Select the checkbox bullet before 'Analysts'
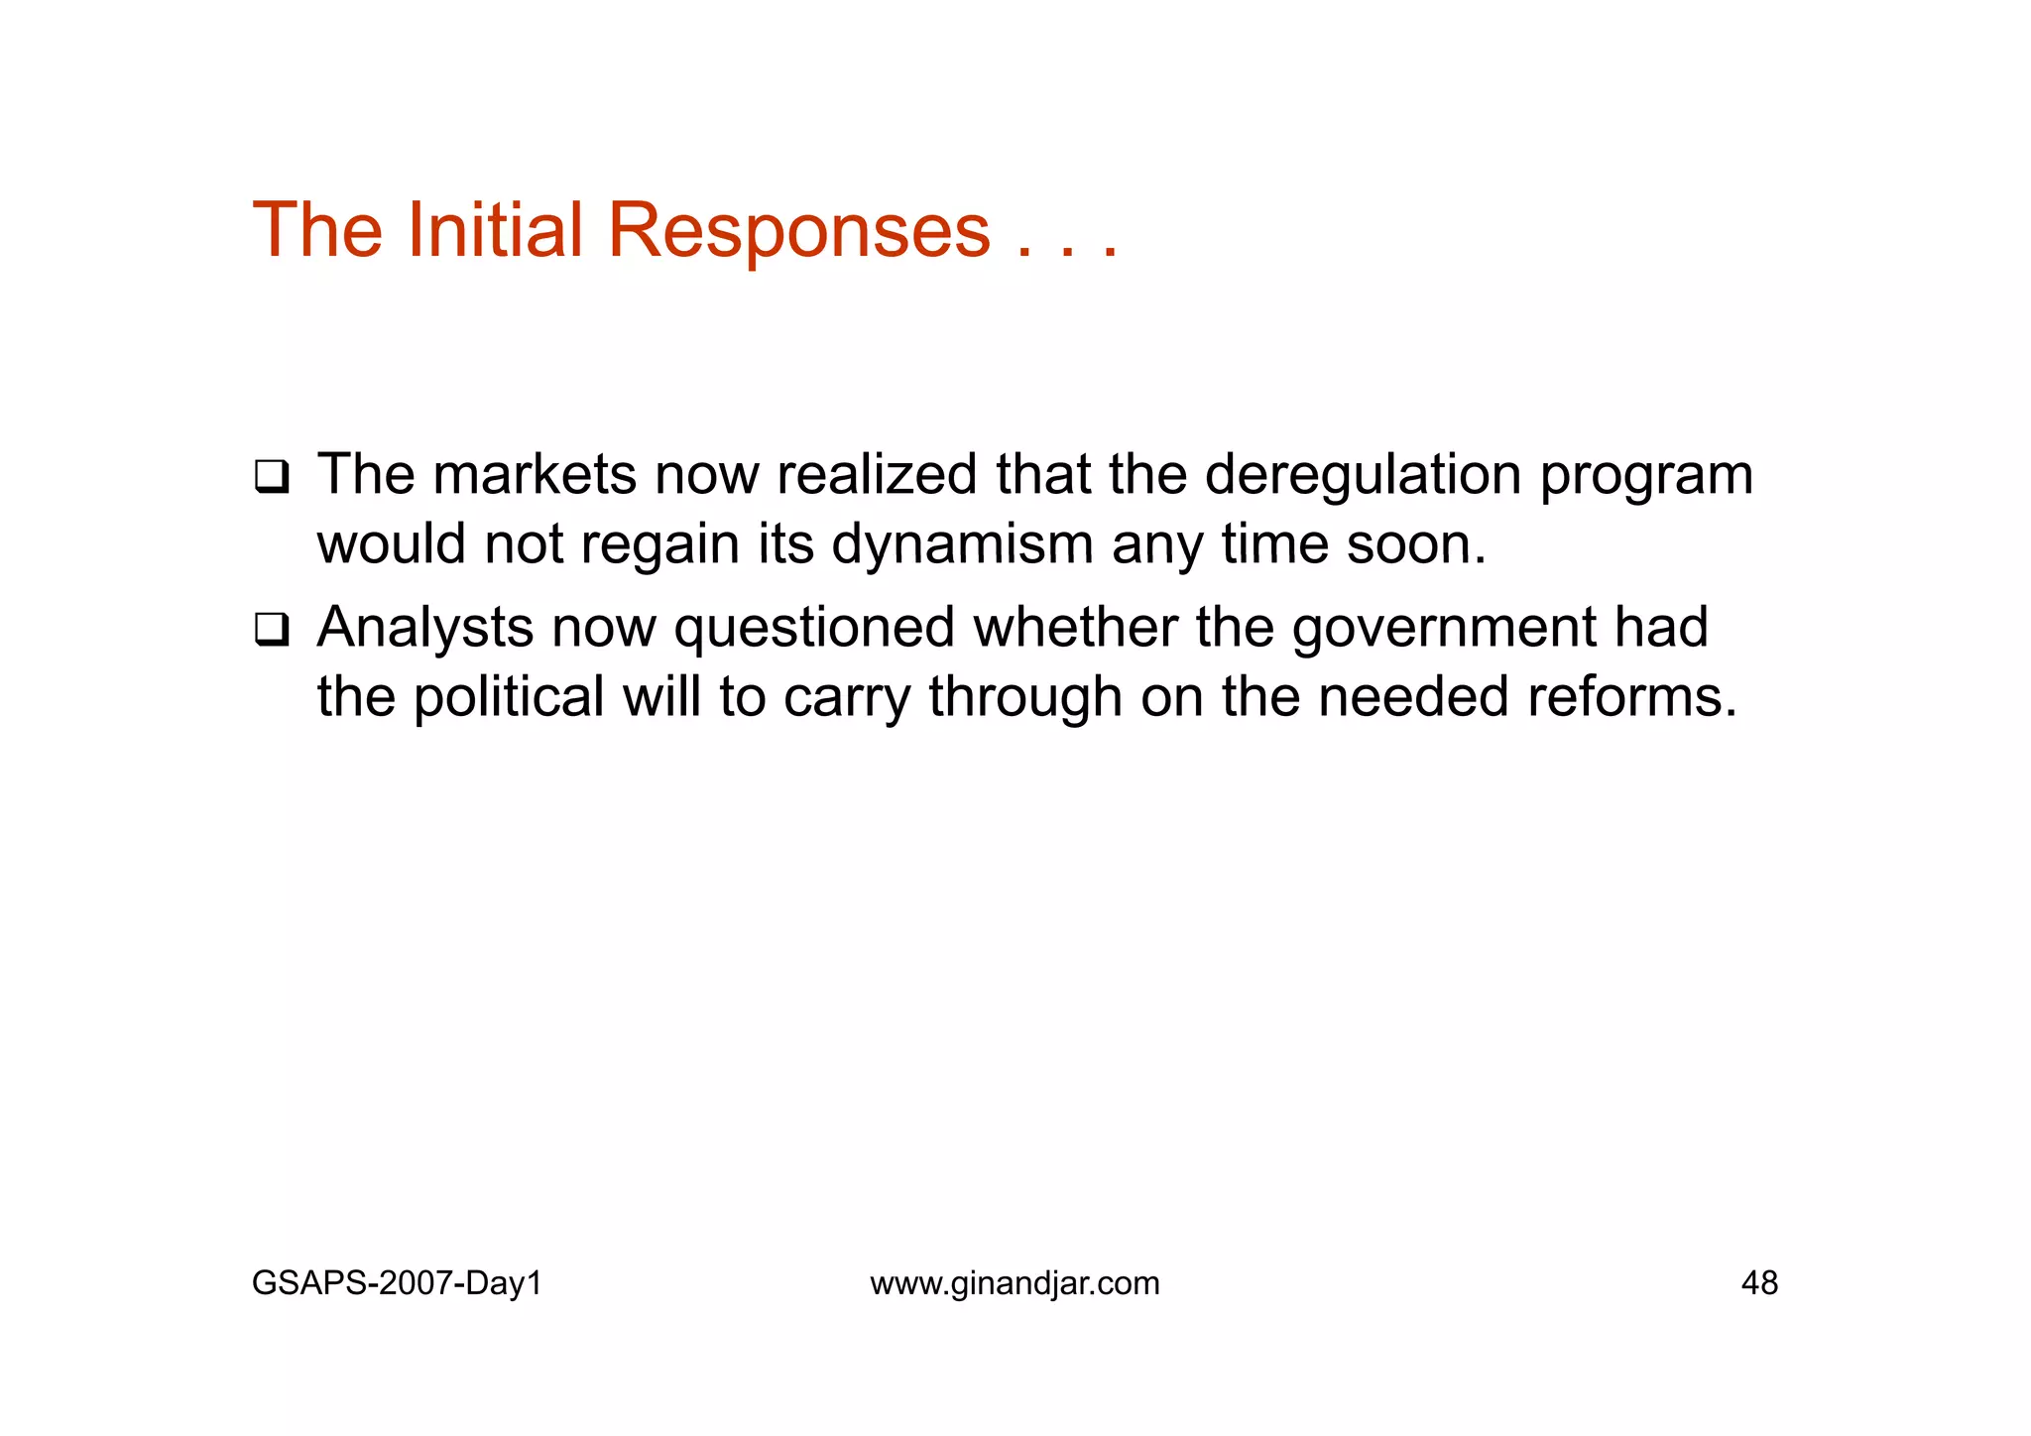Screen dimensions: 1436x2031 coord(270,630)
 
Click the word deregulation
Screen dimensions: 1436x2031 coord(1363,475)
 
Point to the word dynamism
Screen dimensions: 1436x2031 coord(962,545)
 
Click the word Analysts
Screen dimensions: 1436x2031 coord(424,628)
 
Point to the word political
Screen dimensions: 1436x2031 coord(508,697)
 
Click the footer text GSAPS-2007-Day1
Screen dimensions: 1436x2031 coord(397,1283)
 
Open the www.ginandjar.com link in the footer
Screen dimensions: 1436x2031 coord(1015,1283)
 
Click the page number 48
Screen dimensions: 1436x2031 coord(1759,1283)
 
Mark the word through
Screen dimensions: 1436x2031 coord(1025,697)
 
